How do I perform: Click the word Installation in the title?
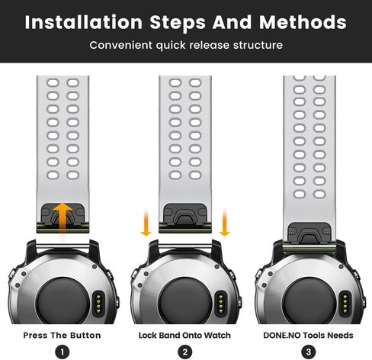[84, 22]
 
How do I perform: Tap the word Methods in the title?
[303, 22]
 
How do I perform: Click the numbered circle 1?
[63, 352]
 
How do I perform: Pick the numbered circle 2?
[185, 352]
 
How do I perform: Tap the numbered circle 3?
[309, 352]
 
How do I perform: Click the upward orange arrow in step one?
[63, 218]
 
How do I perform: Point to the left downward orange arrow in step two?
[146, 223]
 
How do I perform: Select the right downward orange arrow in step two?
[224, 223]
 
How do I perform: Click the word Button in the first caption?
[85, 336]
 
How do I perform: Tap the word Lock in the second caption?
[148, 336]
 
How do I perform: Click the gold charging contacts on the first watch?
[98, 304]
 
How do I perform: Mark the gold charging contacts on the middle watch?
[221, 304]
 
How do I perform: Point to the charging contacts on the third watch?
[345, 304]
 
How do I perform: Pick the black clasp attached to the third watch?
[309, 232]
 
